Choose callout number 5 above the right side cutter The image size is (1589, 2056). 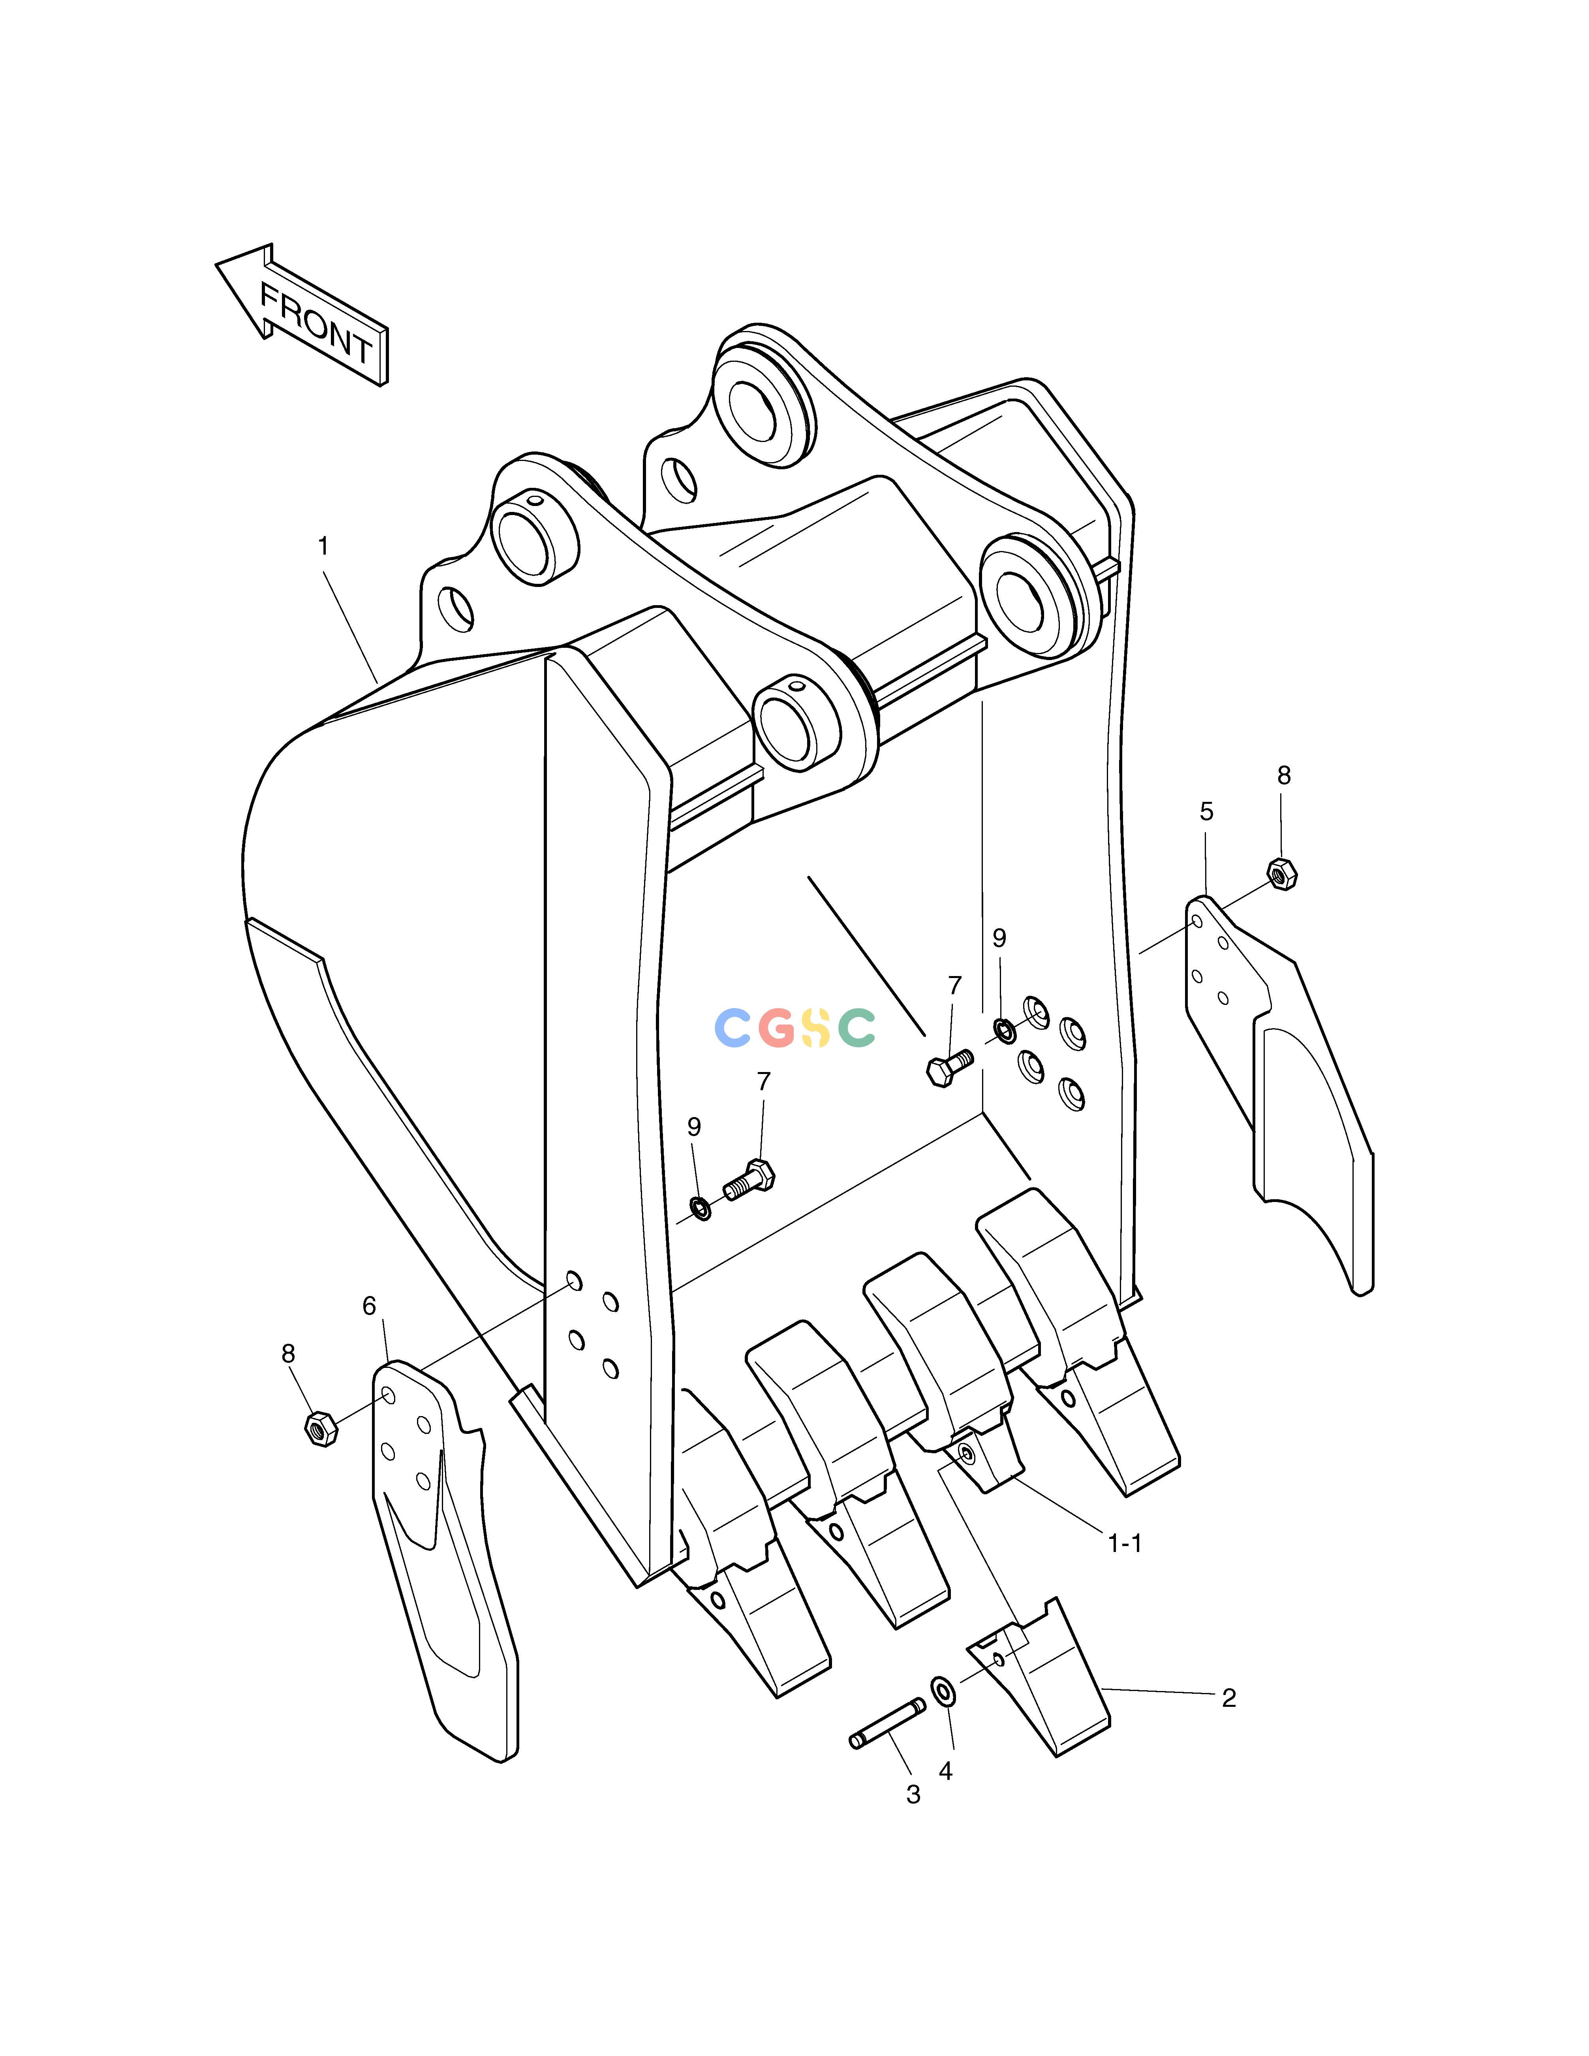[x=1206, y=811]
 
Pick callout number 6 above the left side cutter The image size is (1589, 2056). [x=369, y=1306]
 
